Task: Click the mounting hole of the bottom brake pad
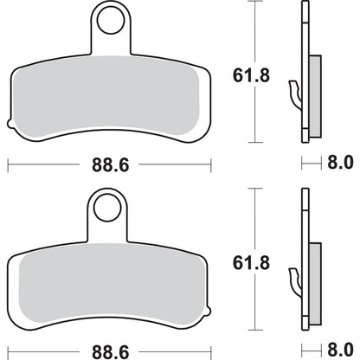point(108,208)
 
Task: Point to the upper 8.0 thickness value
point(340,162)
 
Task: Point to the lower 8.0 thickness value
point(340,348)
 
